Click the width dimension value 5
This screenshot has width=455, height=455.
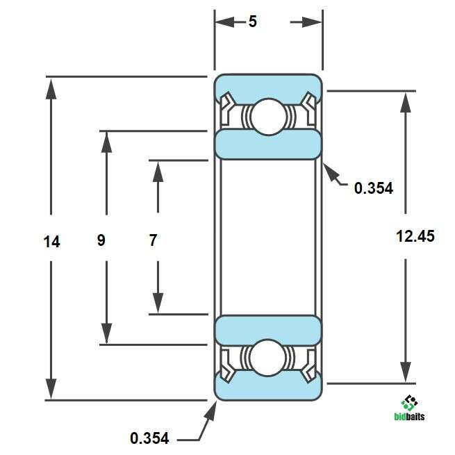click(x=253, y=22)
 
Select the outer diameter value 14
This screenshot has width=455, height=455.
click(x=51, y=242)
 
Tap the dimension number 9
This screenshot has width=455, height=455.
click(x=101, y=240)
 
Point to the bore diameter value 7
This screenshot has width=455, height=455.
click(x=153, y=240)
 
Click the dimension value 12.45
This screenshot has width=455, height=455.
click(x=415, y=236)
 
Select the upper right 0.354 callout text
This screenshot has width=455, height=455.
click(x=374, y=188)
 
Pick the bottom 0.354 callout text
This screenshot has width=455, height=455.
click(x=149, y=438)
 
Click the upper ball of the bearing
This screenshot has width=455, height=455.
click(x=268, y=117)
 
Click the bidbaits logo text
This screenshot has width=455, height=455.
click(x=409, y=417)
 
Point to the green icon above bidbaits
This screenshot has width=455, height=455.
click(x=409, y=403)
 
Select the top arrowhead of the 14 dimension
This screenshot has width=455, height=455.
click(x=51, y=88)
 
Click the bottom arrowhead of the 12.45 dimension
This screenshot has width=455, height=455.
click(x=406, y=372)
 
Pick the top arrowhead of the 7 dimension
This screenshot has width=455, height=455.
click(x=158, y=172)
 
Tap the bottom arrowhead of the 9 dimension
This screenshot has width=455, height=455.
click(x=106, y=333)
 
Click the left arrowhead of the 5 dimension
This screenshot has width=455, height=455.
click(x=225, y=22)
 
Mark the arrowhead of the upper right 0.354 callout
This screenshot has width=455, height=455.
click(x=331, y=172)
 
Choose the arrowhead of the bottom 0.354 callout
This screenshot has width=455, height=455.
click(x=210, y=411)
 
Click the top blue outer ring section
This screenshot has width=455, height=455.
click(x=268, y=86)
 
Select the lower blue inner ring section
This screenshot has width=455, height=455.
click(x=268, y=330)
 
